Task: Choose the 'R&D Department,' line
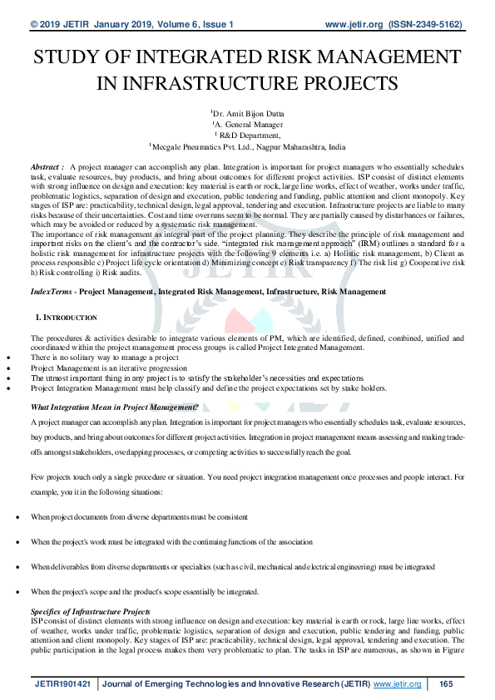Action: click(248, 133)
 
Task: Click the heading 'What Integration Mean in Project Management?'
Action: click(114, 407)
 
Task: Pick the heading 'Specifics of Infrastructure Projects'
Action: click(90, 612)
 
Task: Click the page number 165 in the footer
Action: click(446, 684)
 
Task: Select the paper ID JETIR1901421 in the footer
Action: click(64, 684)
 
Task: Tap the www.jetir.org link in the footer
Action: click(398, 684)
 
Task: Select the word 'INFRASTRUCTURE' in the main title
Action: click(157, 84)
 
